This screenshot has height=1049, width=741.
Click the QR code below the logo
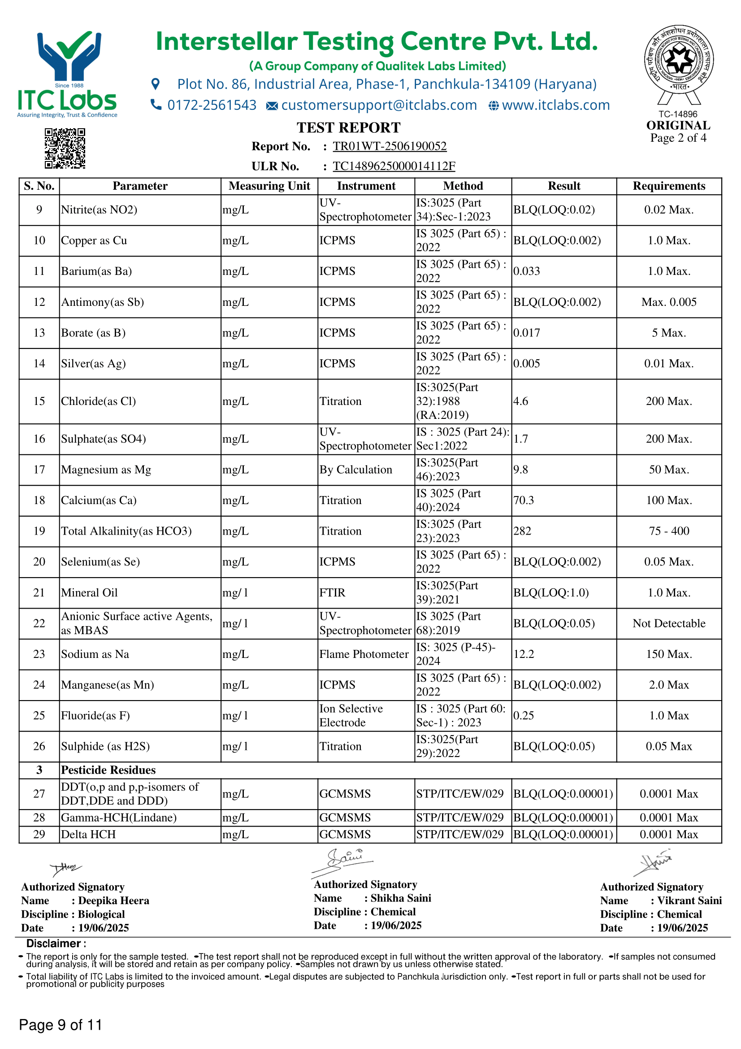click(65, 148)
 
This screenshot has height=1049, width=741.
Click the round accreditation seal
click(678, 59)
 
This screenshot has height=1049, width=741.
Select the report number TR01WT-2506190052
click(389, 146)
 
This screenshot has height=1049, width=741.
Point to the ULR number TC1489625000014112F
click(394, 166)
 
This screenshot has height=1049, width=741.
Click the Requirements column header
click(668, 186)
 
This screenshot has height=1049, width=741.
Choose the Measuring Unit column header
click(269, 186)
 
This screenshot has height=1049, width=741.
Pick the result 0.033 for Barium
click(526, 271)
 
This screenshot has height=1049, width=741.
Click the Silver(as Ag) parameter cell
click(94, 364)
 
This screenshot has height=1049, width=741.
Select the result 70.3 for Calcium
click(523, 501)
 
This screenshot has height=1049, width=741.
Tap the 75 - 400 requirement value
click(669, 531)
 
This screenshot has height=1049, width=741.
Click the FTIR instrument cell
click(332, 592)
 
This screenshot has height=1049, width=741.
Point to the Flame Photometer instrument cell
click(364, 654)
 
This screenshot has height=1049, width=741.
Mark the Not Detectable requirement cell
click(668, 624)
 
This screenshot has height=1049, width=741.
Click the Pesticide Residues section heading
click(108, 770)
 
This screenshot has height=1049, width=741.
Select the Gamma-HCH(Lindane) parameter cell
click(119, 818)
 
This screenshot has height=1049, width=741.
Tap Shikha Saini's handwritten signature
click(343, 860)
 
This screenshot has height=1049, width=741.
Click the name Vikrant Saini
click(689, 901)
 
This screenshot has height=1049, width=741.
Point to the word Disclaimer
click(53, 944)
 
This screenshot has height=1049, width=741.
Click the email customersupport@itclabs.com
click(378, 105)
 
